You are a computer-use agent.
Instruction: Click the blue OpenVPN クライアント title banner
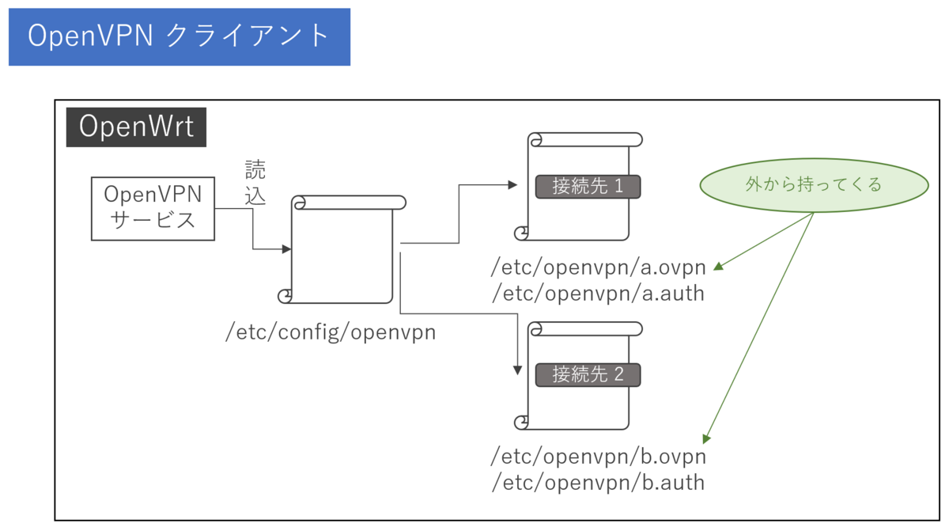point(179,36)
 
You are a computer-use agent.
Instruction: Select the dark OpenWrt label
point(136,127)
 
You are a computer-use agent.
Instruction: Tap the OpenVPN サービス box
point(153,207)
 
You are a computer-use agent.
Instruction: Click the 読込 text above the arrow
point(255,183)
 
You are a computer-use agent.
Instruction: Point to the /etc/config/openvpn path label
point(331,332)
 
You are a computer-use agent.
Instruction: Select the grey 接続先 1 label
point(588,187)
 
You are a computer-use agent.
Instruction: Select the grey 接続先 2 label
point(588,374)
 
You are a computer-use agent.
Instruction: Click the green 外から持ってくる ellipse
point(813,184)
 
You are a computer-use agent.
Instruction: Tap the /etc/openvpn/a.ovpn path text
point(598,267)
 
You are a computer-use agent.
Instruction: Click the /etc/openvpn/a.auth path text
point(598,294)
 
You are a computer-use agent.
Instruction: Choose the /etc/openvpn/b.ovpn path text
point(598,457)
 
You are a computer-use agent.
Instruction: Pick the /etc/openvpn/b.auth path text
point(598,482)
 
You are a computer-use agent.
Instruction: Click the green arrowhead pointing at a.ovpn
point(719,267)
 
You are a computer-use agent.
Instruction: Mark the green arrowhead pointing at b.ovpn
point(707,438)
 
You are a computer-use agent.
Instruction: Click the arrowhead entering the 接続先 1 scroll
point(512,185)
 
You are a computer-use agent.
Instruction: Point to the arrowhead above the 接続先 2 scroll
point(518,369)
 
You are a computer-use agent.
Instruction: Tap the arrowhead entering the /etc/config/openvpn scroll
point(287,249)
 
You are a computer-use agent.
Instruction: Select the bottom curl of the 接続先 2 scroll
point(522,423)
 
